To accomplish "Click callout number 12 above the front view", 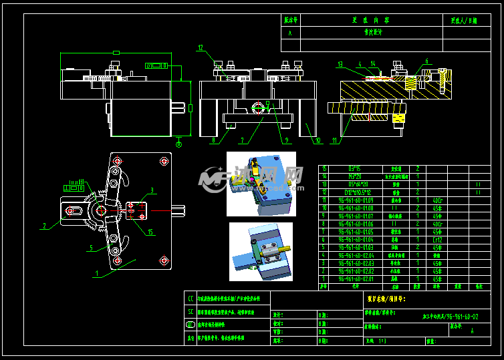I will coord(200,47).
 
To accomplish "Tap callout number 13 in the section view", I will coord(340,65).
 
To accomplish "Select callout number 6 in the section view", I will coord(425,61).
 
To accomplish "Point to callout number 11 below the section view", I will coord(334,140).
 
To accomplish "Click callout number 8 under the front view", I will coord(213,141).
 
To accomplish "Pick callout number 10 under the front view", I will coord(317,140).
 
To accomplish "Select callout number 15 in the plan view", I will coord(150,232).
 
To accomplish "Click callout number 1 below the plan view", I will coord(96,274).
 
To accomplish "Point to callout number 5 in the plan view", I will coord(91,248).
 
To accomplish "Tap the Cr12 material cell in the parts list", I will coord(437,239).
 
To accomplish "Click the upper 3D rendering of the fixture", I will coord(261,184).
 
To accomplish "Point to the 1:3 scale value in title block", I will coord(383,341).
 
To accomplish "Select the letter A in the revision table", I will coord(289,32).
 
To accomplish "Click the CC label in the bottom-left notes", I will coord(191,298).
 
